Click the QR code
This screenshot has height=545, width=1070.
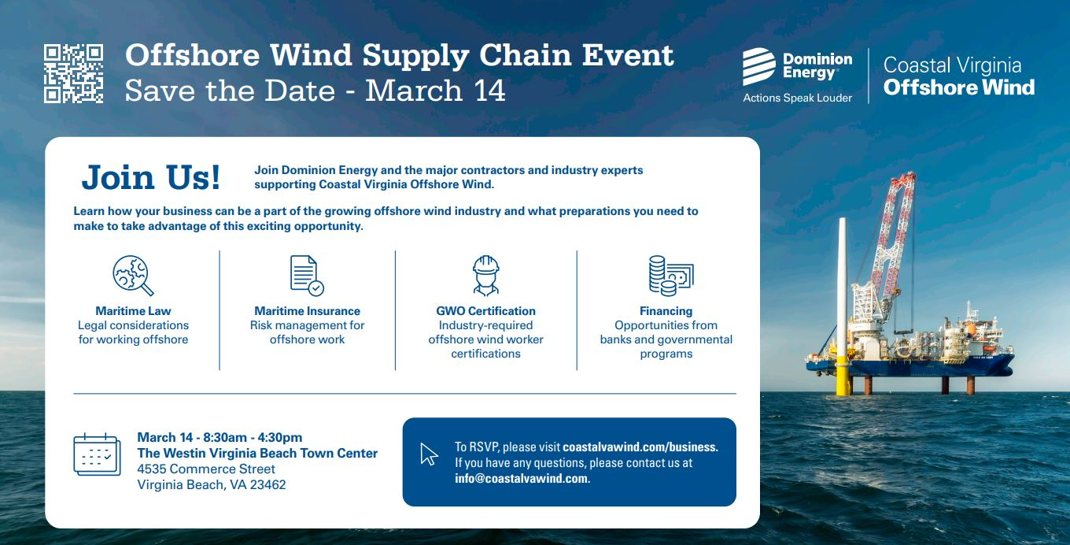[x=73, y=73]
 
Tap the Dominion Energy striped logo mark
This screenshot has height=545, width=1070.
[x=759, y=66]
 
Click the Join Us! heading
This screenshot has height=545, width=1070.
[x=151, y=177]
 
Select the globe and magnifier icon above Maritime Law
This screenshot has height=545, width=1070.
[x=133, y=276]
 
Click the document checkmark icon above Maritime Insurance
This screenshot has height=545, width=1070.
[x=307, y=276]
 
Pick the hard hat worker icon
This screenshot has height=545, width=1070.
[x=485, y=276]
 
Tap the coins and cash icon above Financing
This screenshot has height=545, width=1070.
[x=671, y=276]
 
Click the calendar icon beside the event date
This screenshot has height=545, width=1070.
[x=97, y=454]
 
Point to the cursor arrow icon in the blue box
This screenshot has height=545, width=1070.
[x=429, y=454]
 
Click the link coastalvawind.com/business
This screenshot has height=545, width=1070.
[x=640, y=447]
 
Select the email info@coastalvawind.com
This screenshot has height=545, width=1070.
[x=522, y=479]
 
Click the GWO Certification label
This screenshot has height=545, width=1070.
[x=485, y=311]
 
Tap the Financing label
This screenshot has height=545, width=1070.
[x=666, y=311]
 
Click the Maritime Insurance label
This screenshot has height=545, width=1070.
[x=307, y=311]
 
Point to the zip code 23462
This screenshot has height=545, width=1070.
[x=267, y=485]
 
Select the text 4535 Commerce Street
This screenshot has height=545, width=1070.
[x=206, y=469]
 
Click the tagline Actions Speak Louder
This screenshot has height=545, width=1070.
[x=797, y=98]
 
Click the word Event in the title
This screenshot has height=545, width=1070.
[x=628, y=55]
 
